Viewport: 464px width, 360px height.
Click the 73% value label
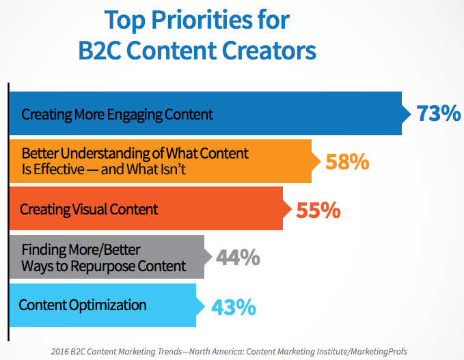pyautogui.click(x=439, y=113)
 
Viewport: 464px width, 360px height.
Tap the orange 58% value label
pyautogui.click(x=347, y=162)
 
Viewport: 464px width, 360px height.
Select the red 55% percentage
pyautogui.click(x=318, y=210)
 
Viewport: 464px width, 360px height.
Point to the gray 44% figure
pyautogui.click(x=238, y=258)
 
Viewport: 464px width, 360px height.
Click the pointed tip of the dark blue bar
pyautogui.click(x=407, y=113)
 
